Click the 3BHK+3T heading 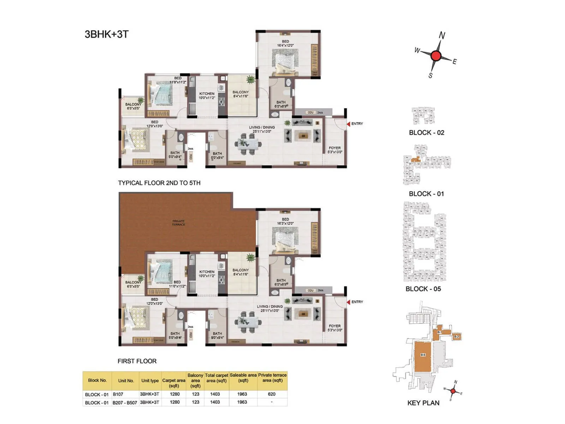coord(107,34)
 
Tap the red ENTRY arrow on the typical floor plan coord(348,124)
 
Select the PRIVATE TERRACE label coord(178,223)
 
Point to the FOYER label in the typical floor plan coord(334,148)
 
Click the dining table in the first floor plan coord(248,322)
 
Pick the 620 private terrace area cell coord(272,394)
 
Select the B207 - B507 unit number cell coord(125,402)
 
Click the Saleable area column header coord(243,378)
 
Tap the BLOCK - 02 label coord(426,133)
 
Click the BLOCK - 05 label coord(423,289)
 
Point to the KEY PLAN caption coord(423,403)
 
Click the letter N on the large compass coord(442,35)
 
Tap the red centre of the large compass coord(436,56)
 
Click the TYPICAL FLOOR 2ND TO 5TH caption coord(159,183)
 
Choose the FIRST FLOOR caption coord(137,361)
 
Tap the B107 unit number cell coord(118,394)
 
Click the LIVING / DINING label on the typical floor coord(262,127)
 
